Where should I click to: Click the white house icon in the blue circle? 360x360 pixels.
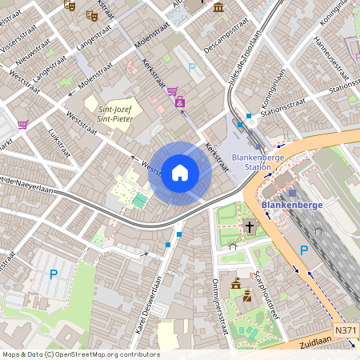pyautogui.click(x=180, y=173)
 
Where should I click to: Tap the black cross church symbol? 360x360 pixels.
pyautogui.click(x=249, y=227)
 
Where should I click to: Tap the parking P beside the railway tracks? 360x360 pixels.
pyautogui.click(x=303, y=250)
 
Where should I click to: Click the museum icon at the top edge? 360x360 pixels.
pyautogui.click(x=218, y=6)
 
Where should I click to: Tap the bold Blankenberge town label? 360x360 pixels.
pyautogui.click(x=308, y=204)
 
